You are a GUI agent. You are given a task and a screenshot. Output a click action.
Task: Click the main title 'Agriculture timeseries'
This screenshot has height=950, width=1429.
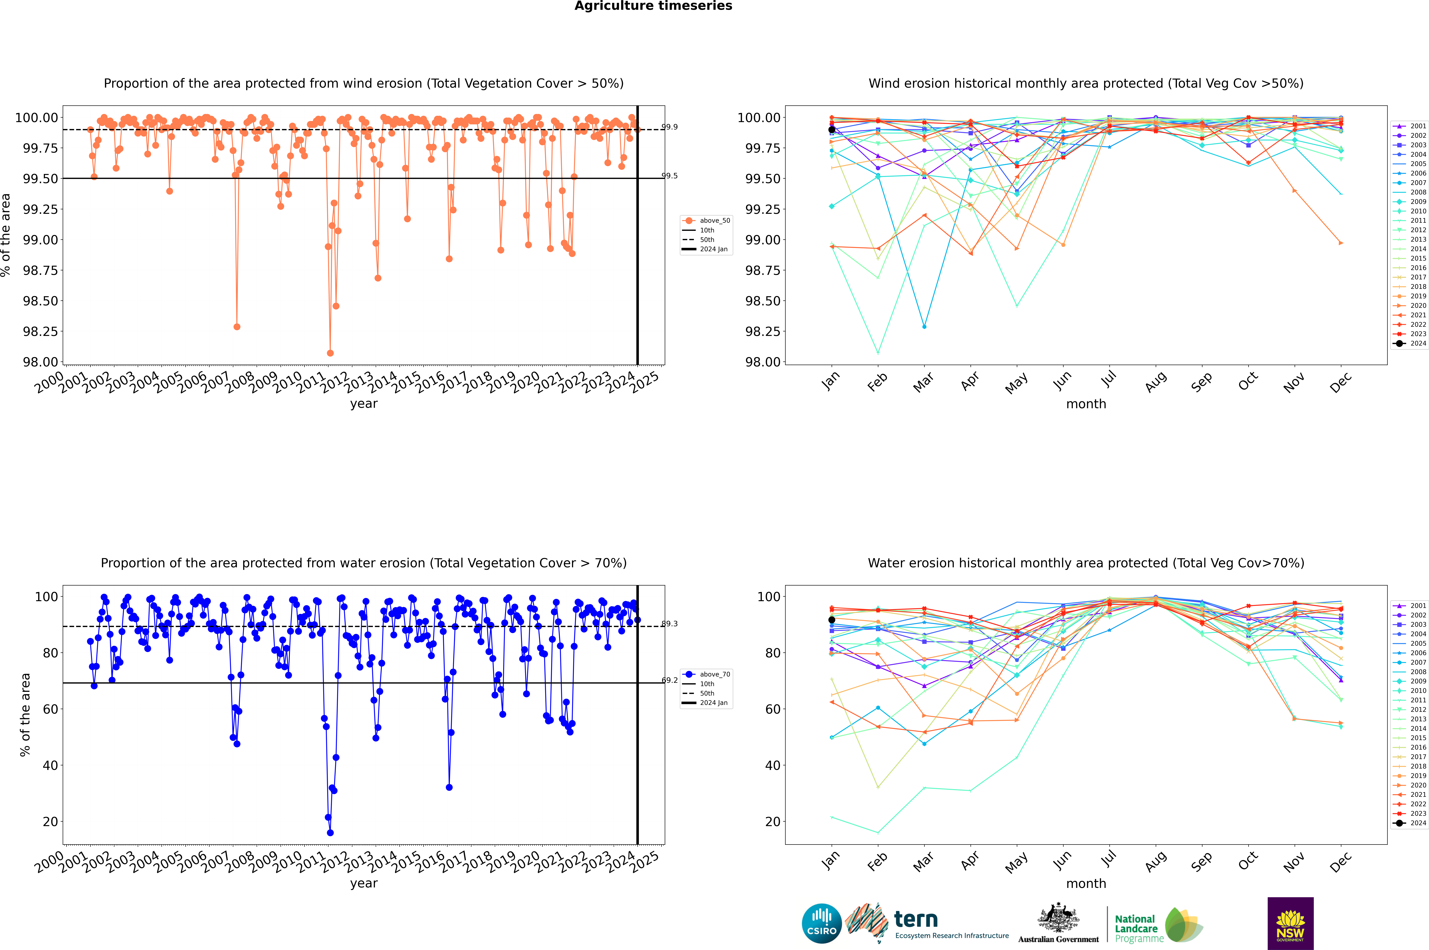point(653,6)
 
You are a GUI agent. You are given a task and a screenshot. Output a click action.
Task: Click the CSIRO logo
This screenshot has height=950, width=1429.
point(821,923)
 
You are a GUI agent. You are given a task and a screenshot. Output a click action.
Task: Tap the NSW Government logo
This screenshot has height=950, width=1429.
point(1290,923)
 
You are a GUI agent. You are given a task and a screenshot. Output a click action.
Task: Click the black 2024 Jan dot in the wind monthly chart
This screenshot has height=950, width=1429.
point(832,130)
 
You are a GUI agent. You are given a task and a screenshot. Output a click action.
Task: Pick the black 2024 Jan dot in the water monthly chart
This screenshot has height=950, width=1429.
point(832,620)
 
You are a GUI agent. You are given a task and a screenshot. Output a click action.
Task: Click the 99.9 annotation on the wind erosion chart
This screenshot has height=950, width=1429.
point(669,127)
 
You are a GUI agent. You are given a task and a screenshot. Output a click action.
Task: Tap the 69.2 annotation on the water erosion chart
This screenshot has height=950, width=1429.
point(669,680)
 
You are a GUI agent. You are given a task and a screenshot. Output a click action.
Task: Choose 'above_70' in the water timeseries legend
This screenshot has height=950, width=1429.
point(715,674)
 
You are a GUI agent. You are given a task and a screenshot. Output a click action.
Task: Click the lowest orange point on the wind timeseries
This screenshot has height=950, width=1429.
point(330,353)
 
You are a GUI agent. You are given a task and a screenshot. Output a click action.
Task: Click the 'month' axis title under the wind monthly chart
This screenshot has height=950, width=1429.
point(1086,404)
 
